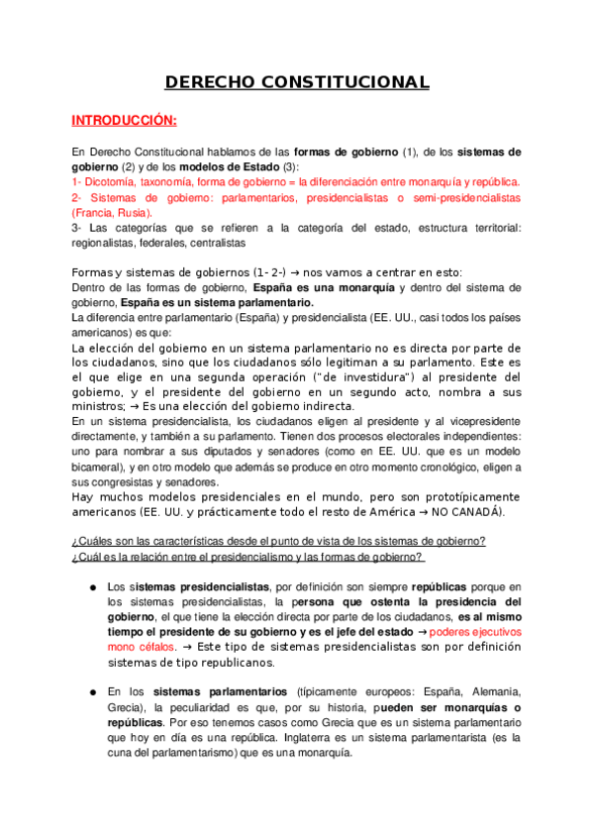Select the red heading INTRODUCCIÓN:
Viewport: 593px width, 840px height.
tap(124, 121)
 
